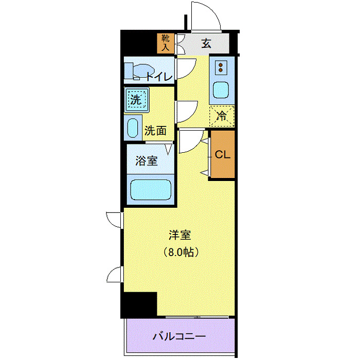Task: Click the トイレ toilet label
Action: point(159,77)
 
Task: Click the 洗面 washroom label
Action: point(155,131)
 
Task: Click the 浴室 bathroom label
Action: point(147,160)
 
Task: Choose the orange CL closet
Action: point(222,155)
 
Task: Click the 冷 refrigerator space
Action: point(222,116)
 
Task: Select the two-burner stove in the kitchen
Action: point(222,67)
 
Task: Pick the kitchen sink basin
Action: point(222,91)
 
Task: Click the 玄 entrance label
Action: point(206,43)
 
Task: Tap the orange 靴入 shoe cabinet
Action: point(166,43)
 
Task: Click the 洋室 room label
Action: point(180,236)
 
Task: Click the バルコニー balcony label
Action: point(179,337)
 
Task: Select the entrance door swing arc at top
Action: point(206,15)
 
